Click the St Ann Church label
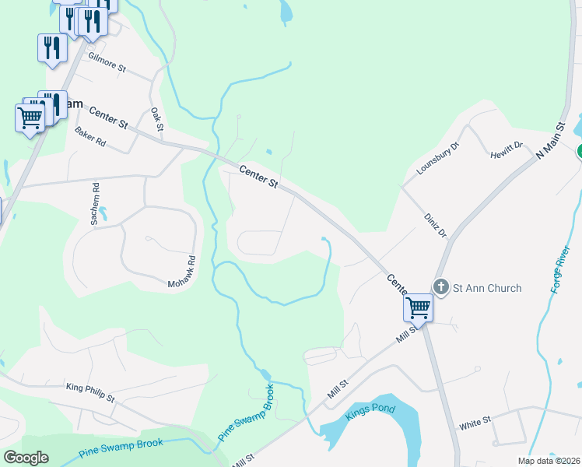tap(487, 288)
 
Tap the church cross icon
tap(441, 287)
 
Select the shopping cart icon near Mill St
tap(418, 308)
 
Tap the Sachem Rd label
tap(95, 204)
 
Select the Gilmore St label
tap(107, 62)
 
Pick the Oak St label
tap(156, 119)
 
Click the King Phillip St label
tap(90, 392)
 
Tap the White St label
tap(475, 423)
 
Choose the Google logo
tap(26, 457)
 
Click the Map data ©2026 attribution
tap(549, 461)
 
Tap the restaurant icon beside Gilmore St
tap(52, 48)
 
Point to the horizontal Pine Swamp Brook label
tap(121, 448)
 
